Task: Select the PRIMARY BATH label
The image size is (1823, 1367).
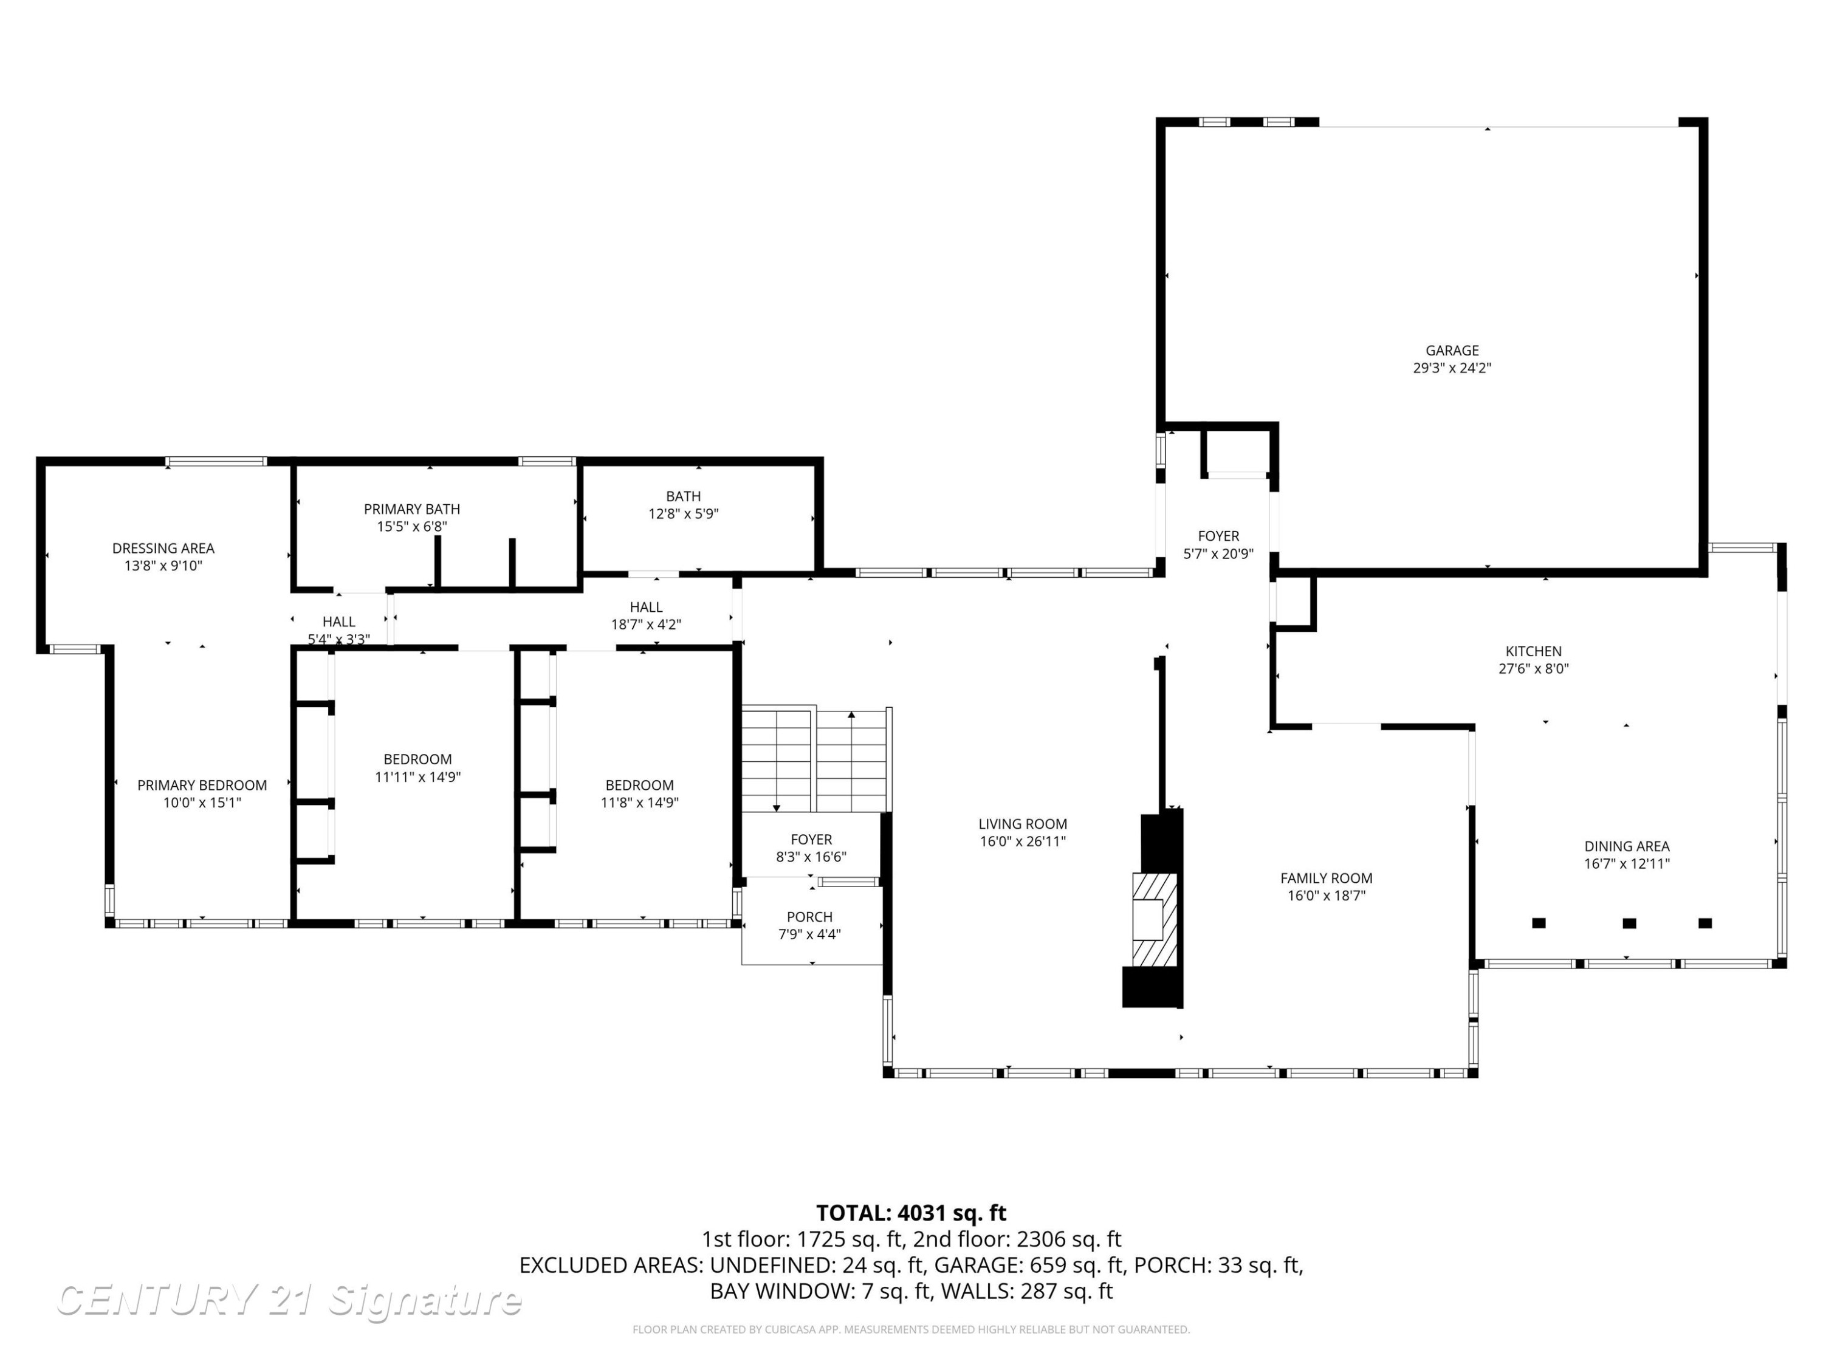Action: pyautogui.click(x=411, y=509)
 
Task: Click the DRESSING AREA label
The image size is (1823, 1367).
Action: pyautogui.click(x=163, y=548)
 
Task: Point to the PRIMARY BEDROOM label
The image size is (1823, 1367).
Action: pyautogui.click(x=202, y=785)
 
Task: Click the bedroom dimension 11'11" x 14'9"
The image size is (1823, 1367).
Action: pyautogui.click(x=418, y=777)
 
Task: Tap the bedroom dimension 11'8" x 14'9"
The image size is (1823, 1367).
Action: pyautogui.click(x=639, y=803)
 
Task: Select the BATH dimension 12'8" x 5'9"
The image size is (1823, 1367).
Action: pyautogui.click(x=683, y=514)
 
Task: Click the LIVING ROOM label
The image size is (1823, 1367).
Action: pyautogui.click(x=1023, y=824)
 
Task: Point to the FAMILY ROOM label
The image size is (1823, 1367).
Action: pyautogui.click(x=1326, y=879)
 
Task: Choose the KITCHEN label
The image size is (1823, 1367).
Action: pyautogui.click(x=1533, y=651)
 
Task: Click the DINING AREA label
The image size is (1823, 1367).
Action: pyautogui.click(x=1627, y=846)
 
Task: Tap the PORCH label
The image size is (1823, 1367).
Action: pyautogui.click(x=809, y=917)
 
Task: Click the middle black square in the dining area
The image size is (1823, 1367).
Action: pyautogui.click(x=1629, y=923)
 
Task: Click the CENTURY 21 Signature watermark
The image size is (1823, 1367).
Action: pyautogui.click(x=289, y=1300)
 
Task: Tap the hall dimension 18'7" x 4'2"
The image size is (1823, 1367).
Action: pyautogui.click(x=646, y=625)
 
